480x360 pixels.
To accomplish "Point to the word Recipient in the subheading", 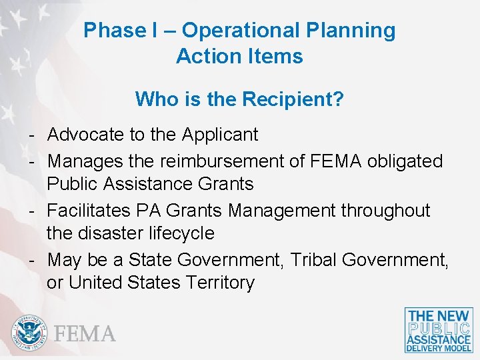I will pyautogui.click(x=293, y=99).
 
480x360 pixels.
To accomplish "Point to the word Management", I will pyautogui.click(x=282, y=211).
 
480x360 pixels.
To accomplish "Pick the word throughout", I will pyautogui.click(x=386, y=211).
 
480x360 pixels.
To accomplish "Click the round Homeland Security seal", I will pyautogui.click(x=29, y=332).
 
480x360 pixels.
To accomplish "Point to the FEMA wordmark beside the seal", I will pyautogui.click(x=85, y=333).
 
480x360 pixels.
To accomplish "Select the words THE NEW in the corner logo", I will pyautogui.click(x=439, y=316).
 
